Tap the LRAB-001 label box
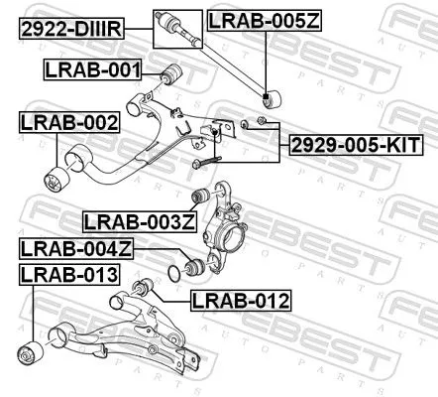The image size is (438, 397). click(92, 69)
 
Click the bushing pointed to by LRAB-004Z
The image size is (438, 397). click(194, 266)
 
